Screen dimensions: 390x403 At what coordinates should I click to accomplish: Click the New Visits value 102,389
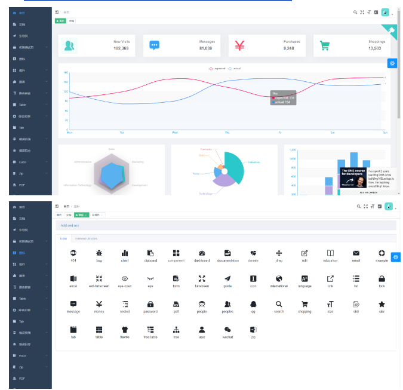pyautogui.click(x=121, y=48)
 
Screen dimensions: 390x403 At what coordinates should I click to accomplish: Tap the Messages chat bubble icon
pyautogui.click(x=155, y=45)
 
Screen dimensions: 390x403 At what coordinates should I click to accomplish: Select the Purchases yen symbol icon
pyautogui.click(x=239, y=45)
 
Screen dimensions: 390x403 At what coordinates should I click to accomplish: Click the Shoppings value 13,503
pyautogui.click(x=375, y=48)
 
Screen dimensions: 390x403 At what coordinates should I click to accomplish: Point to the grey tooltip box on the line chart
pyautogui.click(x=282, y=98)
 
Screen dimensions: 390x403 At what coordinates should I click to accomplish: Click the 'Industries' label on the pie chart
pyautogui.click(x=254, y=162)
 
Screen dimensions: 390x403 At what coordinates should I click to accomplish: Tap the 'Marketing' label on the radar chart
pyautogui.click(x=137, y=161)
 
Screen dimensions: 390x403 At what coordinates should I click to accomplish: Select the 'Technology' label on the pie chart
pyautogui.click(x=205, y=194)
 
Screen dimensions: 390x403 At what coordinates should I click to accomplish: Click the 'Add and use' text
pyautogui.click(x=69, y=225)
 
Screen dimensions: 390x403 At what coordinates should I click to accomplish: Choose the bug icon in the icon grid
pyautogui.click(x=99, y=253)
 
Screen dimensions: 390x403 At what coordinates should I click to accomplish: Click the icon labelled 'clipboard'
pyautogui.click(x=150, y=253)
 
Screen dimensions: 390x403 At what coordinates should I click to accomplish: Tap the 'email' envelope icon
pyautogui.click(x=356, y=253)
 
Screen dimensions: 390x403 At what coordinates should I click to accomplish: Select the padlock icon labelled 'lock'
pyautogui.click(x=382, y=279)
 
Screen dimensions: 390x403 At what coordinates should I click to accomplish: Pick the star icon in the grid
pyautogui.click(x=382, y=304)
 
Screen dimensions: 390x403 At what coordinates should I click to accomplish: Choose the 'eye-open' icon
pyautogui.click(x=125, y=279)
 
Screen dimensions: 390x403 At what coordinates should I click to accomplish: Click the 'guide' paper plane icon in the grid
pyautogui.click(x=227, y=279)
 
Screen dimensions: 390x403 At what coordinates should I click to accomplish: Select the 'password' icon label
pyautogui.click(x=150, y=312)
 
